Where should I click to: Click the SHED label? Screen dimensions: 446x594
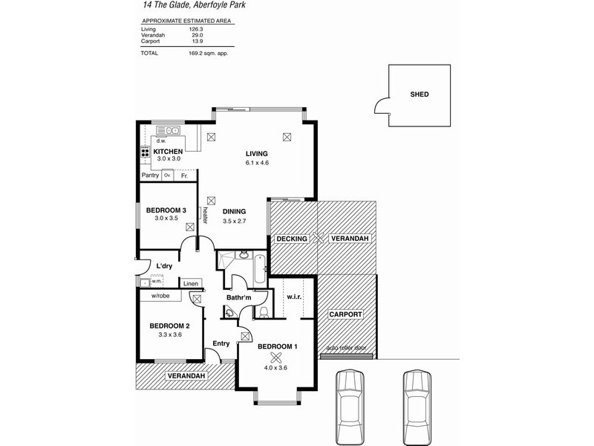coord(420,95)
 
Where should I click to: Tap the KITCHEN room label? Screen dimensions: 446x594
coord(168,151)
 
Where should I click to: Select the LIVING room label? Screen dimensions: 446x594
coord(256,154)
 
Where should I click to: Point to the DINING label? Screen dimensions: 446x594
coord(233,212)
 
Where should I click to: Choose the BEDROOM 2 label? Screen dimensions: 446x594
coord(169,326)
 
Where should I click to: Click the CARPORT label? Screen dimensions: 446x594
coord(345,315)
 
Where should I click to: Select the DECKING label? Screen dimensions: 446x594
coord(292,239)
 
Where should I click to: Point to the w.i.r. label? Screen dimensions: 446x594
coord(293,298)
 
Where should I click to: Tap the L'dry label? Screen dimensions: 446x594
coord(164,265)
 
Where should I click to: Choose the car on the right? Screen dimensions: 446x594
coord(417,399)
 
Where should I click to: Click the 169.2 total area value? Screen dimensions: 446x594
coord(198,54)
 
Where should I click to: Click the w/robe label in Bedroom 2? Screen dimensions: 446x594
coord(161,296)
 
